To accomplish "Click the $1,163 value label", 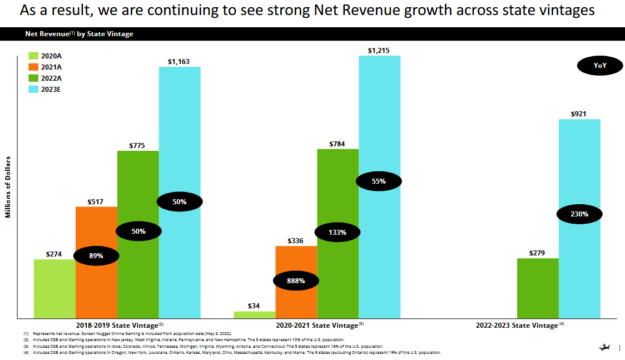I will click(179, 62).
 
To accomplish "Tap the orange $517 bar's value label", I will click(96, 201).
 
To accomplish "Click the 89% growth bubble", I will click(96, 256).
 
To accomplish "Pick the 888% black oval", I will click(296, 281).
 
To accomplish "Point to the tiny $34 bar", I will click(254, 315).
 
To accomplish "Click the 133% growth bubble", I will click(338, 232).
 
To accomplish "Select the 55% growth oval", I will click(379, 181).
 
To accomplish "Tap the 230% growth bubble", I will click(579, 214).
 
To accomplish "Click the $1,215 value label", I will click(379, 51).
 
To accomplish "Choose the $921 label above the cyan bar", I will click(579, 114).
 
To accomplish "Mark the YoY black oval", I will click(600, 66).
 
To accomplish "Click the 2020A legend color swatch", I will click(33, 56).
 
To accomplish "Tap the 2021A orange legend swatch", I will click(33, 67).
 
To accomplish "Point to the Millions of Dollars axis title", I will click(9, 190).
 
